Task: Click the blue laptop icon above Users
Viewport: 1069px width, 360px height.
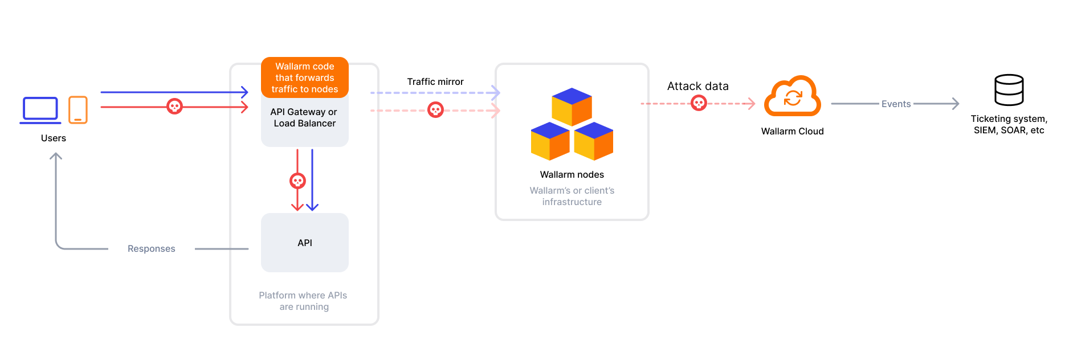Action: click(40, 109)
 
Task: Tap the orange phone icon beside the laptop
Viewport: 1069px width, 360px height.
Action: click(78, 109)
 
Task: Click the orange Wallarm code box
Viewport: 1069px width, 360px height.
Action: click(305, 77)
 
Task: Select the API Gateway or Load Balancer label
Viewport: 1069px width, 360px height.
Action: click(304, 118)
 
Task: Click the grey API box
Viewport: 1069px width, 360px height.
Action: click(305, 243)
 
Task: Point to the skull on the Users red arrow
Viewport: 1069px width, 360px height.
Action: click(174, 107)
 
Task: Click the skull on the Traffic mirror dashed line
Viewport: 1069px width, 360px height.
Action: click(435, 110)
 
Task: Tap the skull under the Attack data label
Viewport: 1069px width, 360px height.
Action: click(699, 103)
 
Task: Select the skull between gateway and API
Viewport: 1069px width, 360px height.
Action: click(297, 181)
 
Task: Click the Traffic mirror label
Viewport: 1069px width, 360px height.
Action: click(435, 82)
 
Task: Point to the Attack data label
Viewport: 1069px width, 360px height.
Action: click(697, 86)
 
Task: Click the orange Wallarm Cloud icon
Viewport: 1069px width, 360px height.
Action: click(793, 97)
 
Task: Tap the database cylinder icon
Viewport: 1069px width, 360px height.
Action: click(1009, 90)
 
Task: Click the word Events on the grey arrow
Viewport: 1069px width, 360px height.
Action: click(896, 104)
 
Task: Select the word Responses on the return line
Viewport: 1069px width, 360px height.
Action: click(152, 249)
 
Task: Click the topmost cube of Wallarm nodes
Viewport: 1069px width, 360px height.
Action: click(572, 106)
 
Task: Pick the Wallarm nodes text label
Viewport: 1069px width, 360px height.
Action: click(572, 175)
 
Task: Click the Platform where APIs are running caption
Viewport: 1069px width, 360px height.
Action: click(303, 301)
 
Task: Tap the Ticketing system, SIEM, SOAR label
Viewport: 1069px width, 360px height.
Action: click(1009, 124)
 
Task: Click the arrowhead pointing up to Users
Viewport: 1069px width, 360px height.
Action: click(56, 156)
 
